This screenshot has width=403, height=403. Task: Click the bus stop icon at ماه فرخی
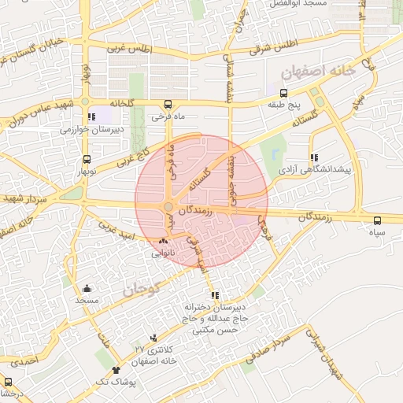[167, 104]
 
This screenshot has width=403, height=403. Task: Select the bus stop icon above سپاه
[378, 221]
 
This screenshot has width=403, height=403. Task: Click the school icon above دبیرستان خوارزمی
[92, 116]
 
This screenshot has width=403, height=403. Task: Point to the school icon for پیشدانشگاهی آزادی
[315, 157]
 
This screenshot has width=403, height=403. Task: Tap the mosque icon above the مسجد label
[87, 289]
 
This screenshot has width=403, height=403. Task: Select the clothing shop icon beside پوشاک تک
[117, 369]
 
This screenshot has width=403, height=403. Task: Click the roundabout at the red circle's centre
[168, 208]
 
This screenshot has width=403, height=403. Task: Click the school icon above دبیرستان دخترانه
[237, 295]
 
